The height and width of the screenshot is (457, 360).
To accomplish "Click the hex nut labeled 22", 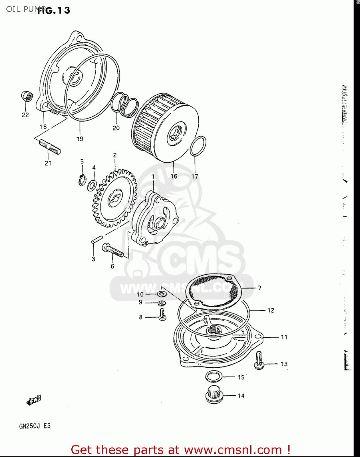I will [x=27, y=97].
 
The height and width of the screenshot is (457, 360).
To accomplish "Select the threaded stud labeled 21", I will [x=49, y=147].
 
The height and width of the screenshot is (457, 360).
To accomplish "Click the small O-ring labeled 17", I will [x=198, y=146].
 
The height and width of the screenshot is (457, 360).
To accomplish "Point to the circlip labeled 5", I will [x=82, y=180].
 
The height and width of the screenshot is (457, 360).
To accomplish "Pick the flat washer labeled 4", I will [x=92, y=185].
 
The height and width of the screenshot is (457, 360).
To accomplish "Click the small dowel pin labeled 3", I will [x=95, y=239].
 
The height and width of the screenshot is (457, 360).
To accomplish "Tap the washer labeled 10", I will [x=161, y=294].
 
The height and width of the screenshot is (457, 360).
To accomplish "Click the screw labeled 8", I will [x=162, y=315].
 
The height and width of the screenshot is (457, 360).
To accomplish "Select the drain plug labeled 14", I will [x=214, y=395].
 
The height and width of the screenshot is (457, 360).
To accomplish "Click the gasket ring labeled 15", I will [x=214, y=377].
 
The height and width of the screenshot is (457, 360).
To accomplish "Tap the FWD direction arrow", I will [x=34, y=400].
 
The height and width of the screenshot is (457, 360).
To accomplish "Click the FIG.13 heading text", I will [x=54, y=10].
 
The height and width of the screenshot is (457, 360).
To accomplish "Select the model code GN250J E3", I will [x=35, y=426].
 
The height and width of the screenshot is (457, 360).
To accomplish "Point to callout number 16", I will [x=174, y=176].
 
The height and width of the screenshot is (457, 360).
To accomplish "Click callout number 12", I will [x=271, y=310].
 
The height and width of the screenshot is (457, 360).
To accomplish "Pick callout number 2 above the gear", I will [x=115, y=155].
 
